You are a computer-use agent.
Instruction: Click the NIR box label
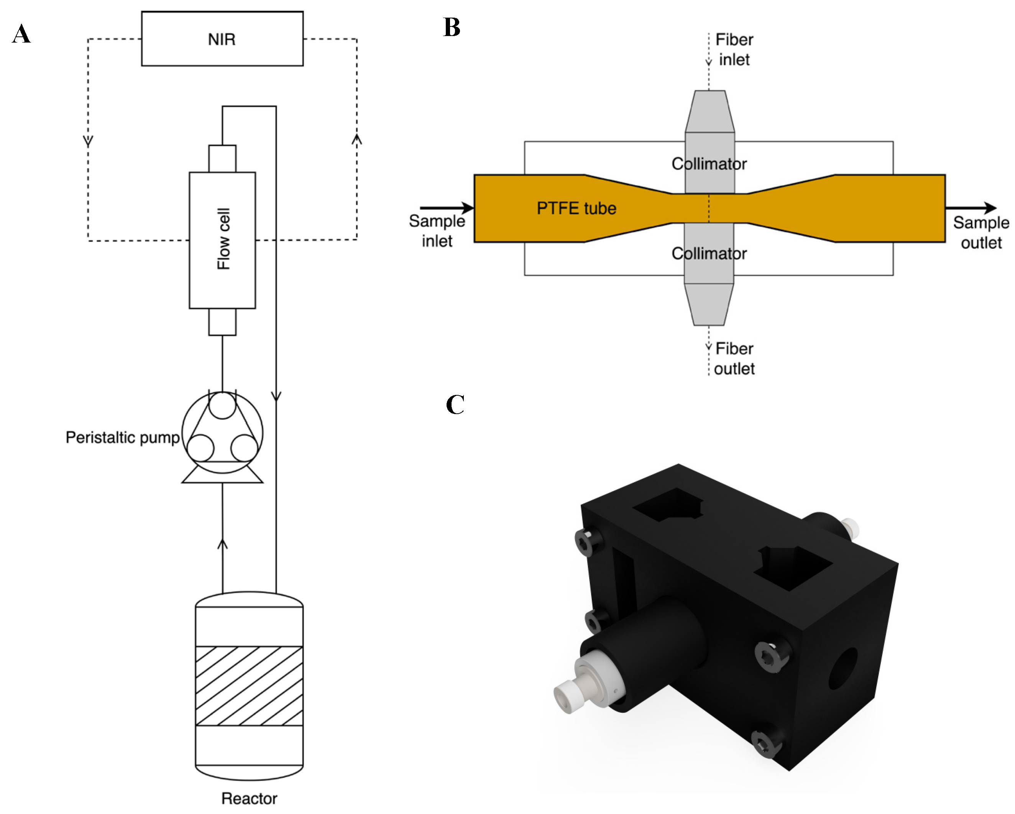222,39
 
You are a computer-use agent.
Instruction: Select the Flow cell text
223,239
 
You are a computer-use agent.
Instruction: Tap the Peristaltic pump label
122,437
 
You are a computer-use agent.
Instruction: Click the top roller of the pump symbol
222,405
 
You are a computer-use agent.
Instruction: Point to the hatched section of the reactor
249,686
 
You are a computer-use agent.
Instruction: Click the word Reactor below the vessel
249,798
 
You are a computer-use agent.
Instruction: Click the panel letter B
452,27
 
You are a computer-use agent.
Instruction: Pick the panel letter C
455,405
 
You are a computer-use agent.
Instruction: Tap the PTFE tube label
576,208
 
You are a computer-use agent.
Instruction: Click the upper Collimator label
709,164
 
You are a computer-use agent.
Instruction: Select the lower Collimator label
709,253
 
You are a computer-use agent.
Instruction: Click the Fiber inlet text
734,49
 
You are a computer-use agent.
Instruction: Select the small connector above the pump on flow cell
222,322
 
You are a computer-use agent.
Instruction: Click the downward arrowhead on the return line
276,396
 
